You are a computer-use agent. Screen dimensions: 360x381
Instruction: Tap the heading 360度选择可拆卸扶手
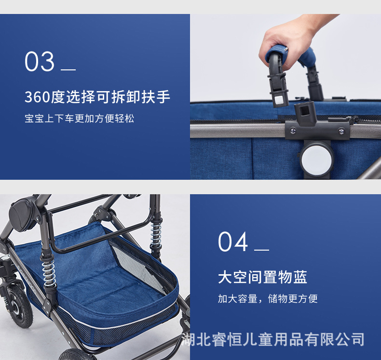(x=97, y=97)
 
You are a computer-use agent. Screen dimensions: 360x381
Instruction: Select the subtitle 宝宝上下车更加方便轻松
(x=80, y=118)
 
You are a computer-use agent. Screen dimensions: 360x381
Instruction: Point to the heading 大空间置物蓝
(x=262, y=277)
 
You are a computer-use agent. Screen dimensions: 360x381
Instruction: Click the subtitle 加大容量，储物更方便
(x=268, y=299)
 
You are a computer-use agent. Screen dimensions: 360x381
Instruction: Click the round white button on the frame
(x=316, y=158)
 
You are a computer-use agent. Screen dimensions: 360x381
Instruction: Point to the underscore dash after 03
(x=68, y=70)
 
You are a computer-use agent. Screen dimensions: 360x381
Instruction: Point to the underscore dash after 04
(x=261, y=250)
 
